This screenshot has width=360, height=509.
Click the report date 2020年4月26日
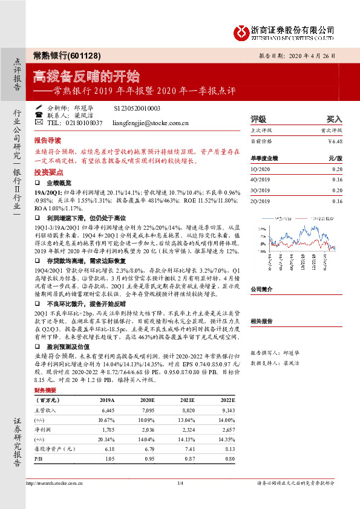pyautogui.click(x=310, y=54)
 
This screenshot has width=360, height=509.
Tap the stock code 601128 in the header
pyautogui.click(x=76, y=55)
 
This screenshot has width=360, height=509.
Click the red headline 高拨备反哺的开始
pyautogui.click(x=87, y=77)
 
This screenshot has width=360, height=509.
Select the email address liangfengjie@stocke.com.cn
pyautogui.click(x=151, y=123)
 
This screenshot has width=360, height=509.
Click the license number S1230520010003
pyautogui.click(x=137, y=107)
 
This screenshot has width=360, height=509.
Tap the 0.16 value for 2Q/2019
pyautogui.click(x=336, y=201)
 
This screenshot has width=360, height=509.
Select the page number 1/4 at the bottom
pyautogui.click(x=180, y=499)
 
